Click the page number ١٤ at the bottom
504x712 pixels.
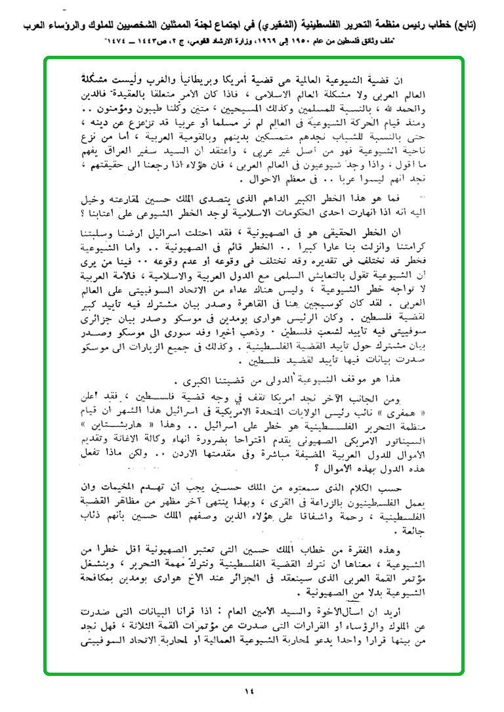(x=252, y=690)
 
